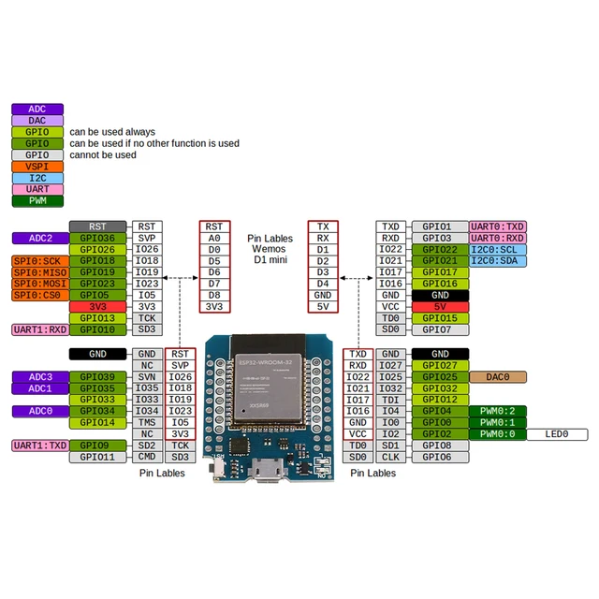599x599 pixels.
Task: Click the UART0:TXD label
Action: [498, 226]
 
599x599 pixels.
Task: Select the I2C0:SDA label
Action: [498, 261]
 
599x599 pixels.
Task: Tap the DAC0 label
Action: [498, 376]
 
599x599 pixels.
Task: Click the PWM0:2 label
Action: [498, 411]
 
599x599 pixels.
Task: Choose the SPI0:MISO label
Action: [39, 272]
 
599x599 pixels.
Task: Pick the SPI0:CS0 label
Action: [39, 295]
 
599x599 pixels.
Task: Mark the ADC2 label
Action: [39, 238]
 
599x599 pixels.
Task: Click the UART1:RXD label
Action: [39, 329]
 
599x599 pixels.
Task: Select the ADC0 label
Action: [39, 411]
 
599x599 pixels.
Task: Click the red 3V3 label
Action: [97, 307]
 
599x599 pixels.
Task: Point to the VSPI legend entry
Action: [37, 167]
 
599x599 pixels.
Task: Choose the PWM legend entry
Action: [37, 200]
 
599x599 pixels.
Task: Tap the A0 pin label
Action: [214, 238]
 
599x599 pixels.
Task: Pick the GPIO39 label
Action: [97, 376]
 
